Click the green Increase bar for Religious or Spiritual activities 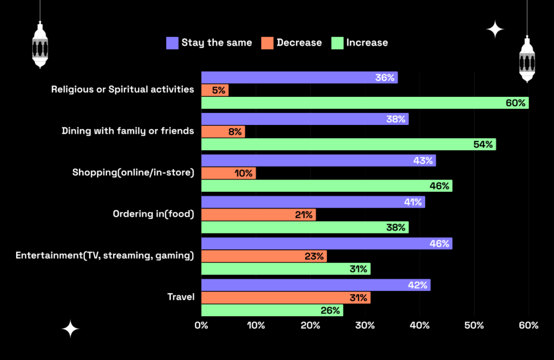[365, 103]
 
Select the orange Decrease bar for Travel [286, 297]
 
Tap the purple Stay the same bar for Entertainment [326, 243]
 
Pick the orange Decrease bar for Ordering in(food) [258, 215]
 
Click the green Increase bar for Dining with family [348, 144]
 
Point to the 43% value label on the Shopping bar [422, 161]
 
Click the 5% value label [219, 90]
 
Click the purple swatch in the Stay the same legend [172, 43]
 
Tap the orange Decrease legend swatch [267, 43]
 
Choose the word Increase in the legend [367, 43]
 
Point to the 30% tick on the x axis [365, 325]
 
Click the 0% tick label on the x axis [201, 325]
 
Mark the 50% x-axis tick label [474, 325]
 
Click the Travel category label [181, 297]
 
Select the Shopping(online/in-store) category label [133, 172]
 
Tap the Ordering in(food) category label [153, 214]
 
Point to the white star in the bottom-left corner [70, 329]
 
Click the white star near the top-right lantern [494, 29]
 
